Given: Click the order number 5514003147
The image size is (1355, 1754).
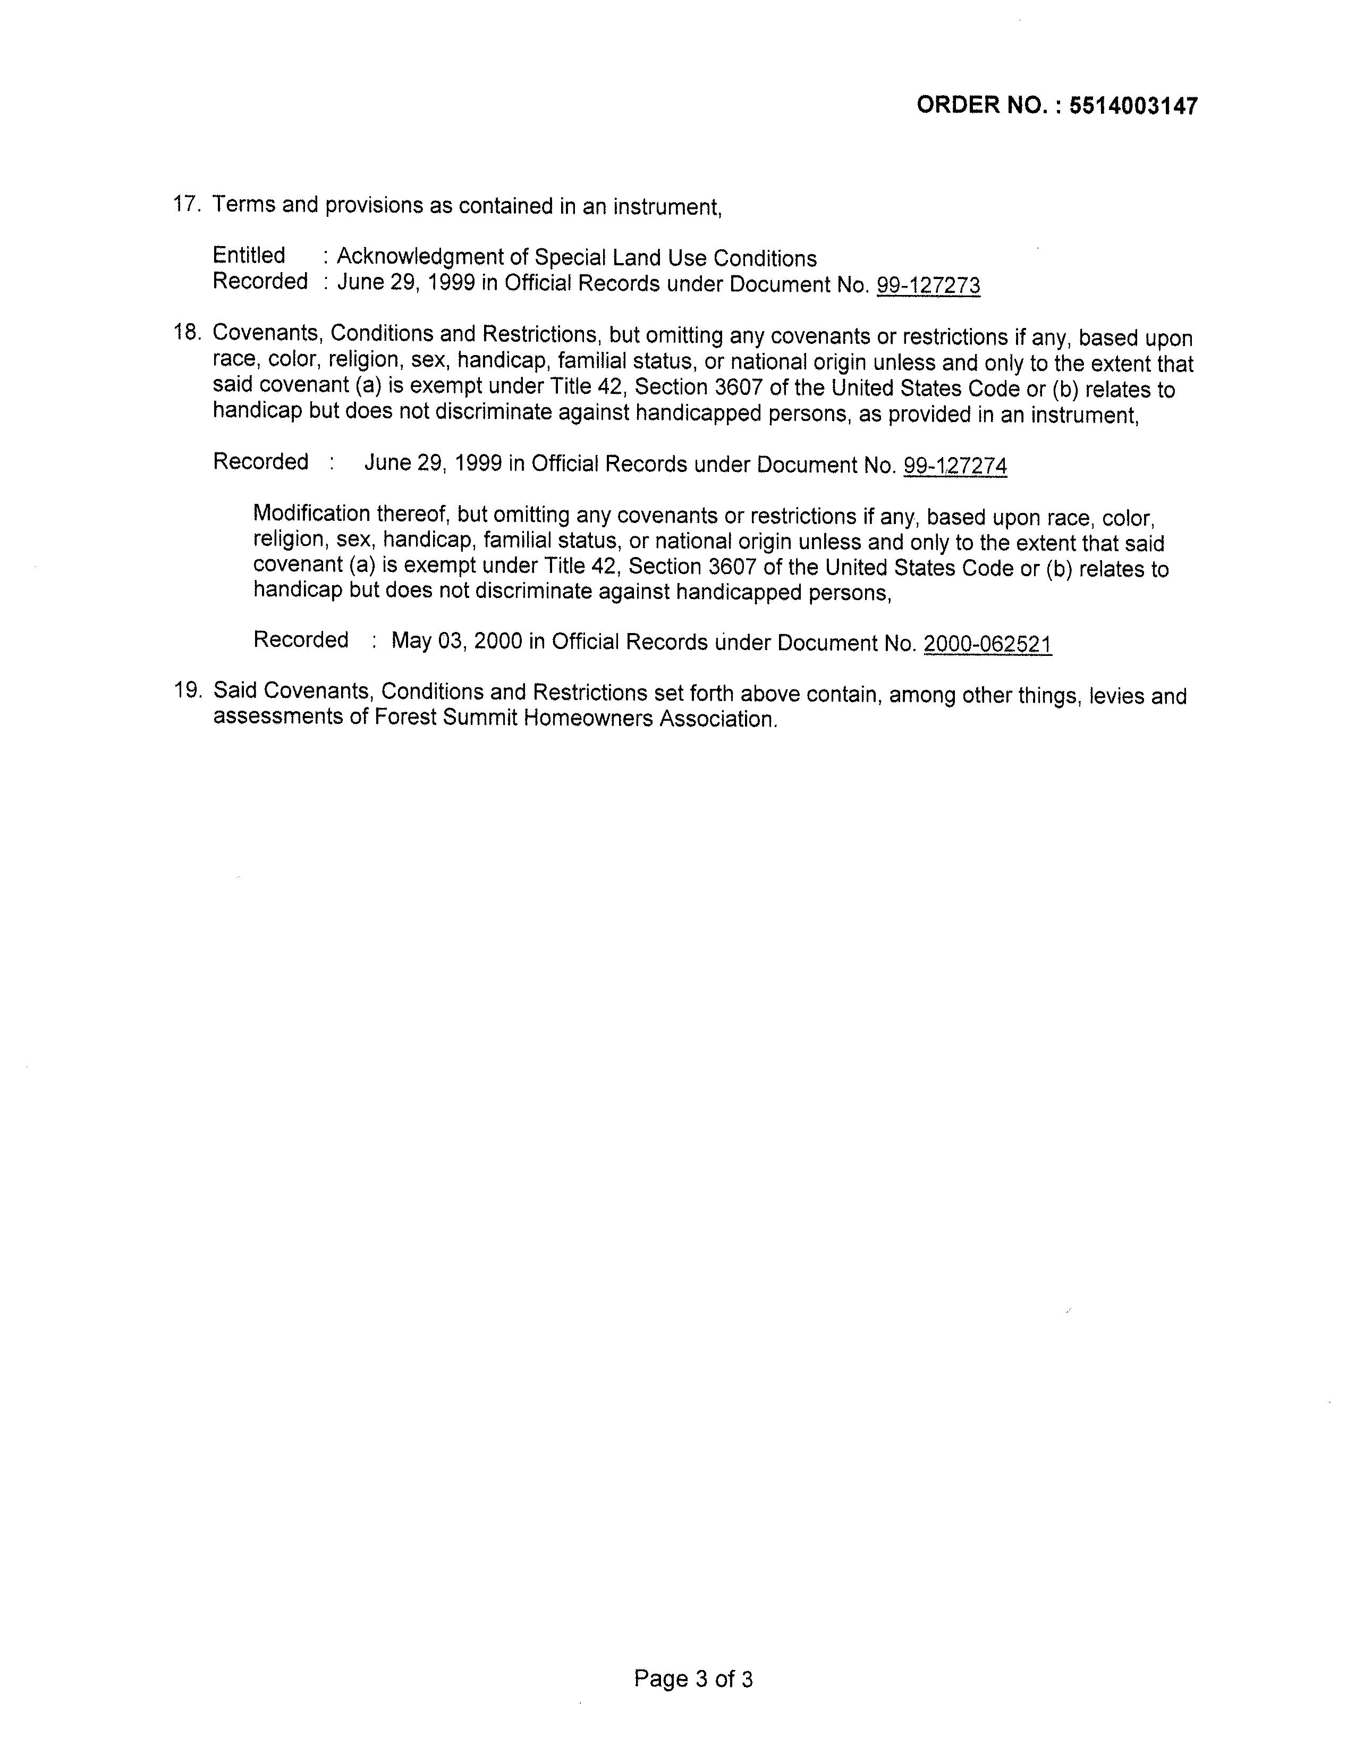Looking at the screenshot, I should pos(1133,106).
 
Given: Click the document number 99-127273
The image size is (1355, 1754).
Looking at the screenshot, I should pos(928,286).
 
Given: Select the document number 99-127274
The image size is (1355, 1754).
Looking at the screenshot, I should pos(955,466).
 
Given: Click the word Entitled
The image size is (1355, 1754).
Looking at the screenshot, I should pos(249,255).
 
